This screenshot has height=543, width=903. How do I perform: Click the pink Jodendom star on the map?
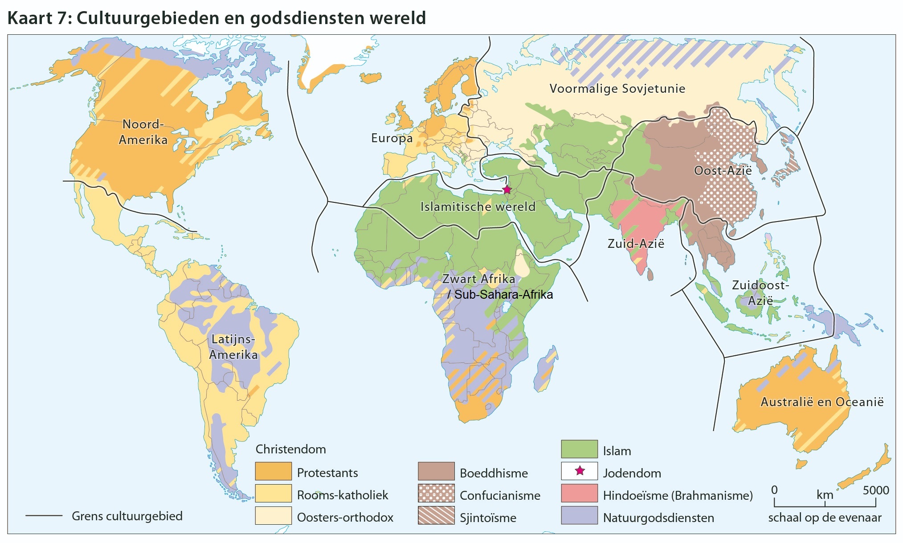(x=507, y=190)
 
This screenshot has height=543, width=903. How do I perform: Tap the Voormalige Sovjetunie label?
(x=617, y=88)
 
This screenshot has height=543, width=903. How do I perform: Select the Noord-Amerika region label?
(x=143, y=132)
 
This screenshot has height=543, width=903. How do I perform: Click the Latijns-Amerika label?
(x=233, y=347)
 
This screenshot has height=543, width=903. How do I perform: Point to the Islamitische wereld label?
(x=478, y=207)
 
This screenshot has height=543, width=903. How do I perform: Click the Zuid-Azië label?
(x=636, y=244)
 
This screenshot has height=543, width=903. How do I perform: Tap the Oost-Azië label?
(x=723, y=171)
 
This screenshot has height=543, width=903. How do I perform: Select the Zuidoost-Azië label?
(x=760, y=292)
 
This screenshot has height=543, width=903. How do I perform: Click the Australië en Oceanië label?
(x=821, y=402)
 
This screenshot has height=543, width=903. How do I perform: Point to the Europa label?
(x=392, y=138)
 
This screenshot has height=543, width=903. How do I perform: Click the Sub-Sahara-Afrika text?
(x=503, y=295)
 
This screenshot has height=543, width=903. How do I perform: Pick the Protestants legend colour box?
(x=273, y=472)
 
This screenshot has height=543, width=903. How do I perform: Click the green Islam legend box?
(x=579, y=449)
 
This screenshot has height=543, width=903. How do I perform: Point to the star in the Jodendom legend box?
(x=580, y=471)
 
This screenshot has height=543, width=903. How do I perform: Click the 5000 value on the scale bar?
(x=875, y=490)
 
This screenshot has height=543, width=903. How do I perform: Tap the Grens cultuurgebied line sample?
(x=44, y=516)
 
